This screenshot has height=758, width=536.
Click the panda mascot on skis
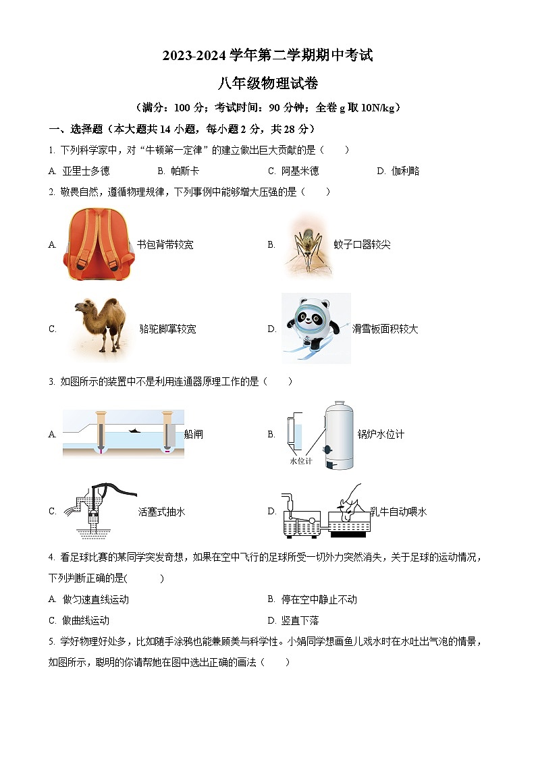point(315,328)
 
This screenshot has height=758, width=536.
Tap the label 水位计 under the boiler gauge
point(300,461)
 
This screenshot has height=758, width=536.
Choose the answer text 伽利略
point(406,171)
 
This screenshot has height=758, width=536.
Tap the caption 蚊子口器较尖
point(362,245)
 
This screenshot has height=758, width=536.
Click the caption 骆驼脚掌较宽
point(167,329)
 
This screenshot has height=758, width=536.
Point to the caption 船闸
point(194,435)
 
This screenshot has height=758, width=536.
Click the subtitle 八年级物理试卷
point(268,84)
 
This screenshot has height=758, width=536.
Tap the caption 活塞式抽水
point(161,512)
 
